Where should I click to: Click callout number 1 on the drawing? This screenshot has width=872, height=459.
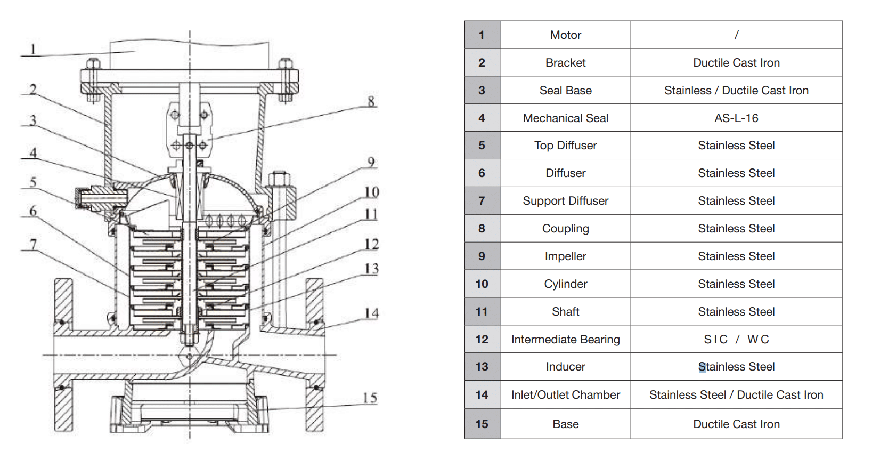coord(33,49)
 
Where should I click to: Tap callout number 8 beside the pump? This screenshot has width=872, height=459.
coord(371,101)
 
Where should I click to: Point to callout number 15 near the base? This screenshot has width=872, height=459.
coord(370,398)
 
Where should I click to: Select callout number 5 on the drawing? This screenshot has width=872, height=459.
coord(33,182)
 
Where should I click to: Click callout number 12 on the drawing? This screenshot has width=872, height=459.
coord(371,244)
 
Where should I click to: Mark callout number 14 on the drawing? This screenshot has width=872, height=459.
coord(371,313)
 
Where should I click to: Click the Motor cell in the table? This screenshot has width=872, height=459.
coord(565,35)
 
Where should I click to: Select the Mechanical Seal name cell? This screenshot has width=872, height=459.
coord(565,118)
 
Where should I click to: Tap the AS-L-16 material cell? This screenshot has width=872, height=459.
coord(736,118)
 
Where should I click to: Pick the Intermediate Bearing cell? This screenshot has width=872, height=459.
coord(565,340)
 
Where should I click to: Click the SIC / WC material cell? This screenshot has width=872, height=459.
coord(736,340)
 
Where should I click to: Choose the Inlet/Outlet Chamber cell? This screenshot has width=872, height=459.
coord(565,395)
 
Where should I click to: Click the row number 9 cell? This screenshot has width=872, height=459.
coord(482,256)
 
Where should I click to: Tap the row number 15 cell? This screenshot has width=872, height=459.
coord(482,424)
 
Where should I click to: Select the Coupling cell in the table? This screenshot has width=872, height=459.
coord(565,229)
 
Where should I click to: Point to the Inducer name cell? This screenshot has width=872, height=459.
coord(565,367)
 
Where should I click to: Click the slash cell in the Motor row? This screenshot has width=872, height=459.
coord(736,35)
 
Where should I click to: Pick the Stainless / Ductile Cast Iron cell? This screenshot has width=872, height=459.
coord(736,91)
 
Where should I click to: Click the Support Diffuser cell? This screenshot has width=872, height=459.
coord(565,201)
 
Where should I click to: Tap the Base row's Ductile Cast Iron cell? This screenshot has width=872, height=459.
coord(736,424)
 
